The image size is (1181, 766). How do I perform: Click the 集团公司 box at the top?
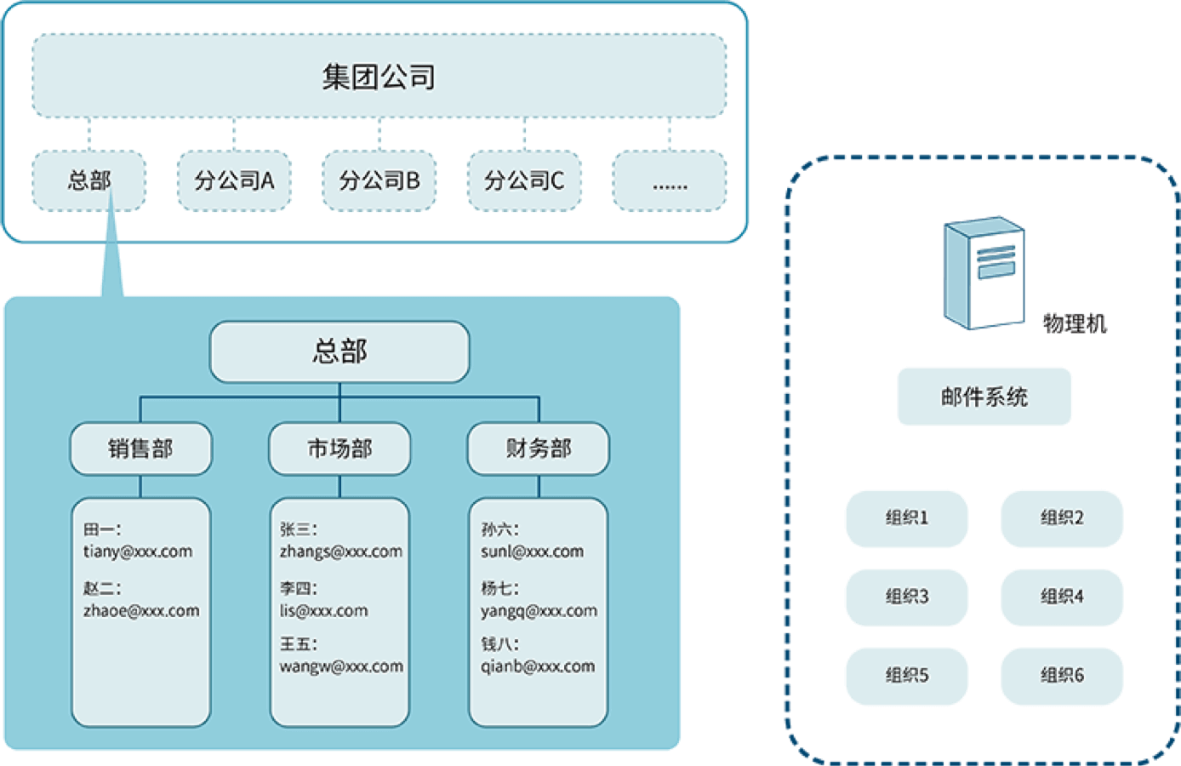379,77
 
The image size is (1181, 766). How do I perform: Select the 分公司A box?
234,180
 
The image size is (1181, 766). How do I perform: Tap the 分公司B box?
379,180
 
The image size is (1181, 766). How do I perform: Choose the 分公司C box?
524,180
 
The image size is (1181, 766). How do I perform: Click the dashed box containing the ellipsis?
670,180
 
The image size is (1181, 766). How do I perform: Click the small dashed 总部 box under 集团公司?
88,180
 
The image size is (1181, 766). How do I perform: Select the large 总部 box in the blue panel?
339,352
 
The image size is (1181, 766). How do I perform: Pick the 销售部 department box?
140,449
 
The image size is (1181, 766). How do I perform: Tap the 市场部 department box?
339,449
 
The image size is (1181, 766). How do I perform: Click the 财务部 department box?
538,449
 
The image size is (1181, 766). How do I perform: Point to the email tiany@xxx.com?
138,552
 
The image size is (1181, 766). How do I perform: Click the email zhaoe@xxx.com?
141,611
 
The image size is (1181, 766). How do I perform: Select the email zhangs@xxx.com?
340,552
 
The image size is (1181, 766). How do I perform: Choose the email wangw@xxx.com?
341,666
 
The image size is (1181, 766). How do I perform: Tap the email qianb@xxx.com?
538,666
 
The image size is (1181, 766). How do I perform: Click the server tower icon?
984,272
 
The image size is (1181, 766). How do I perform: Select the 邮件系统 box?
984,397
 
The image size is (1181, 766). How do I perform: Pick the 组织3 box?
906,597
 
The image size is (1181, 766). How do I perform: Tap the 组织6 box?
1062,676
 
